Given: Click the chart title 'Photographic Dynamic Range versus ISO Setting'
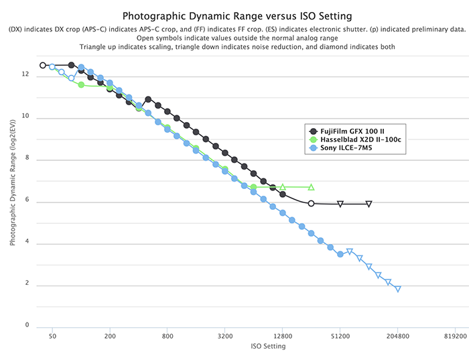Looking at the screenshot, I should (x=234, y=15).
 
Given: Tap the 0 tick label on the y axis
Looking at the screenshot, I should (x=27, y=326).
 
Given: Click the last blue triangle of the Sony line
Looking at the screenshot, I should (x=398, y=289).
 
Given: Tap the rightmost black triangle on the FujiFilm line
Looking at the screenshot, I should (x=369, y=204).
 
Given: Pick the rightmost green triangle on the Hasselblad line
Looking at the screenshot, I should (x=312, y=187).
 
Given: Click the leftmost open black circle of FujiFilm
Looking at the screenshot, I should (x=43, y=65).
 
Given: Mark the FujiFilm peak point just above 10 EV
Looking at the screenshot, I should (x=148, y=99).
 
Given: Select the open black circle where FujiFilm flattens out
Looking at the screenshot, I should (x=311, y=202).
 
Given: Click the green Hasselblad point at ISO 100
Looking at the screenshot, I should (x=81, y=84).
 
